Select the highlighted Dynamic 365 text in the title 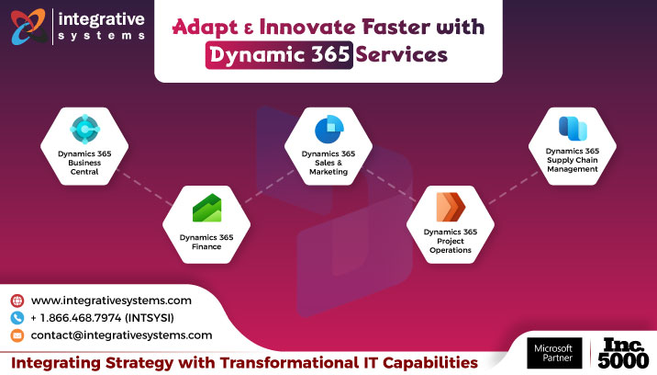[278, 55]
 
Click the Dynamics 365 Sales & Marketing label [328, 163]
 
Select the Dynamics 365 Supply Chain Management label [571, 159]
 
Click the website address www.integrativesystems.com [111, 301]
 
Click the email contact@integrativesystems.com [121, 335]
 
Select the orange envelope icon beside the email [17, 335]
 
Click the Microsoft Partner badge [555, 353]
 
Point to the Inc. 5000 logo [628, 353]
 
